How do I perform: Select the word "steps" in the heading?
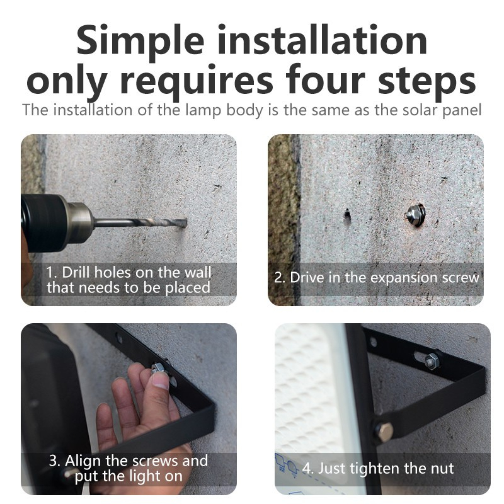[x=427, y=81]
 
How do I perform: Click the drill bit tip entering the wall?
[x=185, y=223]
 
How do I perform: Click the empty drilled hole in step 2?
[x=347, y=215]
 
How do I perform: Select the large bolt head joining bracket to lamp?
[x=384, y=432]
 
